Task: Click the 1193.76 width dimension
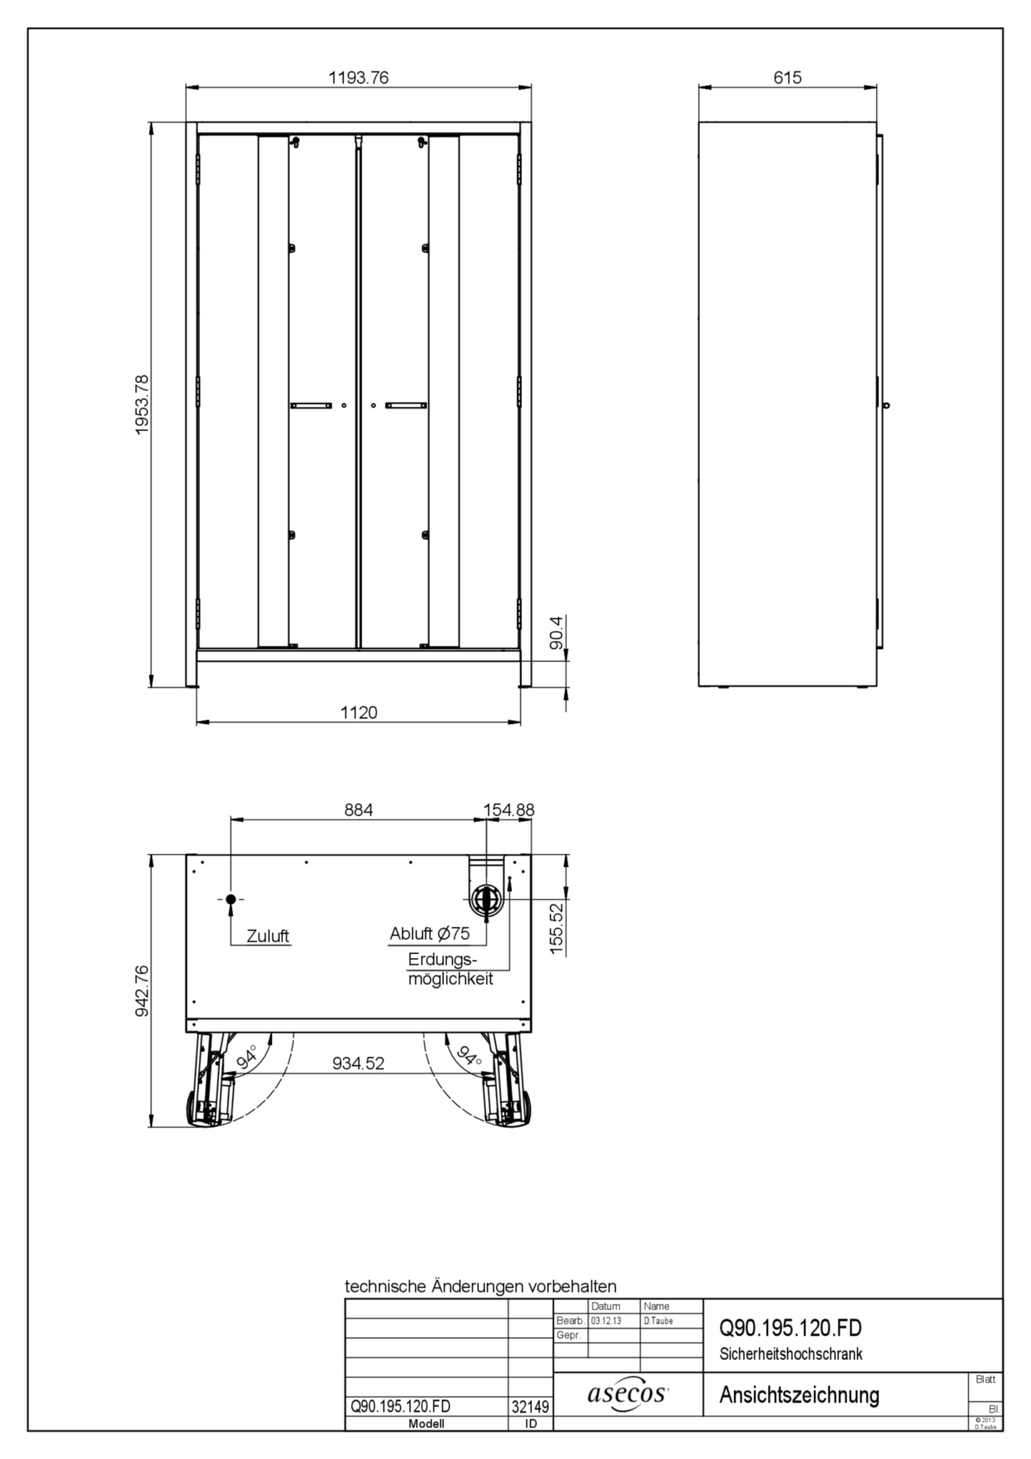358,77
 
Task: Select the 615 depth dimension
787,77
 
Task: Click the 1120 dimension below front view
359,712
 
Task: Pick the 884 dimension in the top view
359,809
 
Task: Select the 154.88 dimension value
509,809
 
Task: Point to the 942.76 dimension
141,990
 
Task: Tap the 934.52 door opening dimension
359,1063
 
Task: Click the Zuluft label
268,936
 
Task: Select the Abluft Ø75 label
429,934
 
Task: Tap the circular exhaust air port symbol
486,900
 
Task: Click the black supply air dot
230,900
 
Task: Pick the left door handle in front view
310,405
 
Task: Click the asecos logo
628,1393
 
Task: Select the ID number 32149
530,1407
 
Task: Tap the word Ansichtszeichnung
799,1394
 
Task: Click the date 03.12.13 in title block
606,1321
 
